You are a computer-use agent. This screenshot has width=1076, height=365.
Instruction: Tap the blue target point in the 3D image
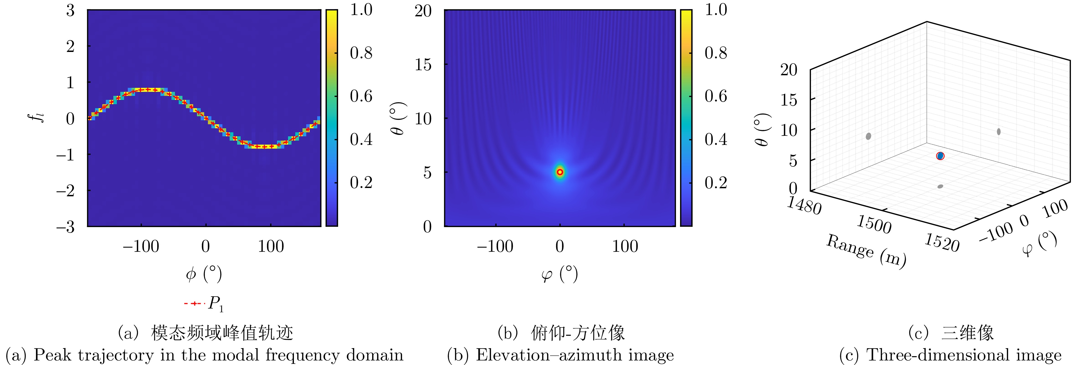pos(940,156)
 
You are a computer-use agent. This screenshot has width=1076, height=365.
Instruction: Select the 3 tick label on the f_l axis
pos(70,10)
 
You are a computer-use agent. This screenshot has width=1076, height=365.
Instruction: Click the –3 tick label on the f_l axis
pos(66,227)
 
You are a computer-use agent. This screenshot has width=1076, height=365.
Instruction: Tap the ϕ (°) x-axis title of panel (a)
pos(204,274)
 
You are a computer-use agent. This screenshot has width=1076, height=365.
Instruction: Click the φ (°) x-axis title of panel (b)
pos(559,274)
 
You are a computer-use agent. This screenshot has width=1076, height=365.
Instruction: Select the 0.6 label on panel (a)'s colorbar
pos(361,96)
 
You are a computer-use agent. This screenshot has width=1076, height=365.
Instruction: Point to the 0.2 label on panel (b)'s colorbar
pos(716,183)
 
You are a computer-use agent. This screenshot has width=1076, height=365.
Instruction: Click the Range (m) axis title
pos(866,251)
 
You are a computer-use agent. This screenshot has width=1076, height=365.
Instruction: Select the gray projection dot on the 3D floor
pos(940,186)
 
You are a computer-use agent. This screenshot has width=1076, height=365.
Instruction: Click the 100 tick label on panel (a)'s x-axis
pos(271,246)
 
